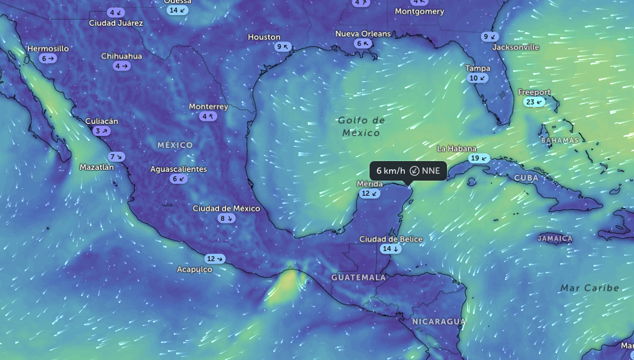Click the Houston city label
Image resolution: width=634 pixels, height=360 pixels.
[x=264, y=37]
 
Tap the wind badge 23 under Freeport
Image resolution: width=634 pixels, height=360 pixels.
[x=534, y=102]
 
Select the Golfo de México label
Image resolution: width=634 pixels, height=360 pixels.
[x=361, y=126]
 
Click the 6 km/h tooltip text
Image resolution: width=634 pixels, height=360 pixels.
[x=391, y=171]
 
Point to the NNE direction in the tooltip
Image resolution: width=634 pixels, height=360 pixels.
[x=431, y=171]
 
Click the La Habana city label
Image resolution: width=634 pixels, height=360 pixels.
[x=456, y=149]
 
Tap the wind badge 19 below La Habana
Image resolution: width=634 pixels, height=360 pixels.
[x=479, y=158]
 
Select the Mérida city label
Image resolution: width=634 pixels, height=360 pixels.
[x=370, y=183]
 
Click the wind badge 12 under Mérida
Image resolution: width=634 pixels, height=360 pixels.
[x=370, y=193]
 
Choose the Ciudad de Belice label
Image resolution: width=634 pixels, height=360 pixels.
[x=391, y=239]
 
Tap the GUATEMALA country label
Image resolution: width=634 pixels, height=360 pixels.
[x=358, y=277]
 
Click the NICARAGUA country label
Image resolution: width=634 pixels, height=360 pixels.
[x=439, y=322]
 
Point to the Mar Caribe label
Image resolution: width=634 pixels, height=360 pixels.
[x=590, y=288]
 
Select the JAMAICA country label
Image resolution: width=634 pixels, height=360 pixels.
[x=555, y=239]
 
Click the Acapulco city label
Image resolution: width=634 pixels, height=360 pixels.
[x=195, y=269]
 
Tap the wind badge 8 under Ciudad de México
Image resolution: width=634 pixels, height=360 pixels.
[x=226, y=218]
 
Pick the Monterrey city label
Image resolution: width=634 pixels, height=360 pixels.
[x=208, y=106]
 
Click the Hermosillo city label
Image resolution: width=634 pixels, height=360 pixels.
[x=48, y=48]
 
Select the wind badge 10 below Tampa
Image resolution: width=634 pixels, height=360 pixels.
[x=478, y=78]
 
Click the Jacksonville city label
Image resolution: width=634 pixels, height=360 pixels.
[x=516, y=47]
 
